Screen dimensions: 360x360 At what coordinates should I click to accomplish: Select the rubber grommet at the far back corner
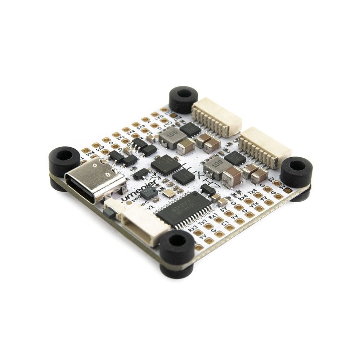click(x=184, y=97)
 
